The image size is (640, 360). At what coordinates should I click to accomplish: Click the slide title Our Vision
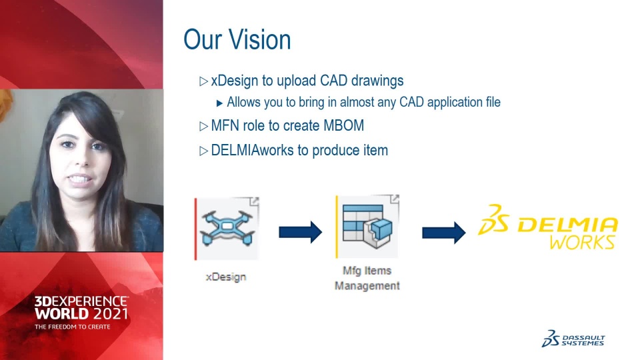point(237,39)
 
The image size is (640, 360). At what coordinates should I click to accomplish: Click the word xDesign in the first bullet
point(235,81)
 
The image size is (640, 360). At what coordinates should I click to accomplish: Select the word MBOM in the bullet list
point(344,125)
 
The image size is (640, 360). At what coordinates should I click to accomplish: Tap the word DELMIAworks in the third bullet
point(252,150)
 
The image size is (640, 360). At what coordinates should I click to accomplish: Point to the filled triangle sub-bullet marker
point(219,103)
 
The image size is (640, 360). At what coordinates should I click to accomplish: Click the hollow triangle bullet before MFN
point(204,127)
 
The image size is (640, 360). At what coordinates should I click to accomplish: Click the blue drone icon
point(227,228)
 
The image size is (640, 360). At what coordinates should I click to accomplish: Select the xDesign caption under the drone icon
point(226,277)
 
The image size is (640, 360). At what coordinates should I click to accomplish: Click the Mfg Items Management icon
point(367,227)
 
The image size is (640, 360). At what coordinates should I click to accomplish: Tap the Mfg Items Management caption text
point(367,278)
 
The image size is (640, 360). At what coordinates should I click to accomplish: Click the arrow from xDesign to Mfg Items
point(301,232)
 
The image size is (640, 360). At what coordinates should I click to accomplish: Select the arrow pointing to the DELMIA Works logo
point(444,233)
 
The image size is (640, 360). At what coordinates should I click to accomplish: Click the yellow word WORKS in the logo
point(582,243)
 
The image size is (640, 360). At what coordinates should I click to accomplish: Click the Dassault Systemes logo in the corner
point(573,339)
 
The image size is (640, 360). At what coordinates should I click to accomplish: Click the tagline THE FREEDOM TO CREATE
point(72,327)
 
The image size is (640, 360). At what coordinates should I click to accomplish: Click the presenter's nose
point(81,157)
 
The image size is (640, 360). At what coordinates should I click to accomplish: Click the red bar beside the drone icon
point(195,229)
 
